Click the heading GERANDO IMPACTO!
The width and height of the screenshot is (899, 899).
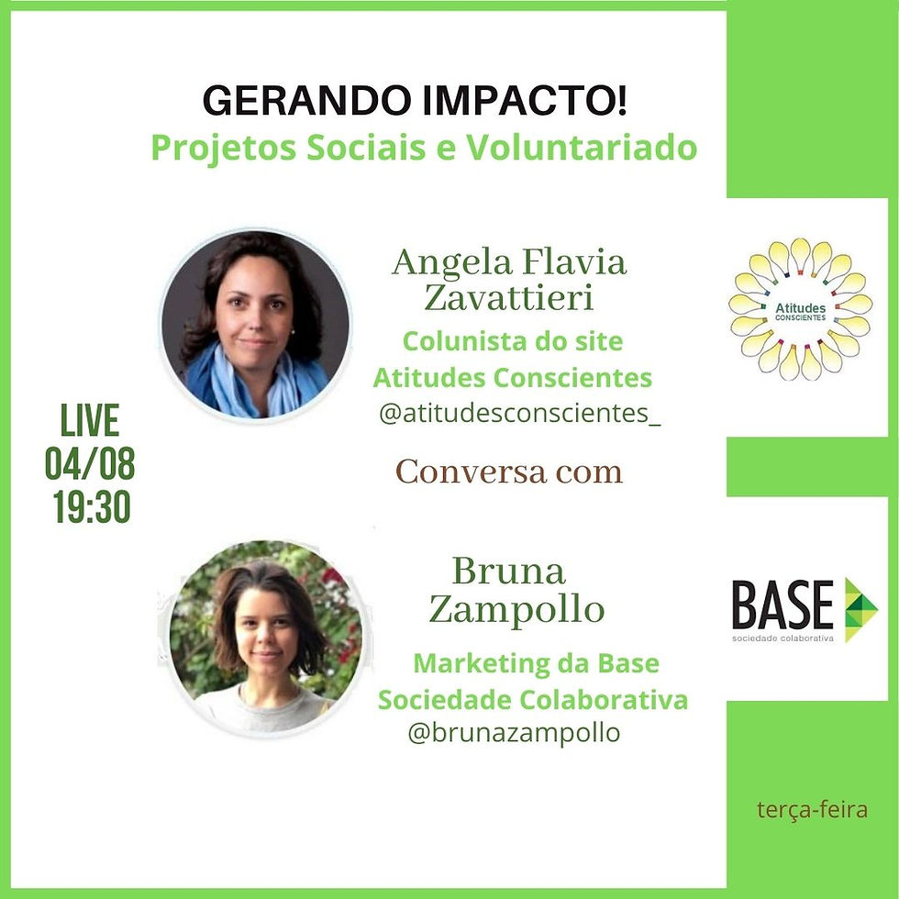416,102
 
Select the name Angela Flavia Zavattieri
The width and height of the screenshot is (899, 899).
509,279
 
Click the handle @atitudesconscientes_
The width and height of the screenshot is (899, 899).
519,414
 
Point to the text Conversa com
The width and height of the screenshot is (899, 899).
508,472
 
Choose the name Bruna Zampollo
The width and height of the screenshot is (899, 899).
516,591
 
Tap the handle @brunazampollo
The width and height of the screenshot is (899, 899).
514,733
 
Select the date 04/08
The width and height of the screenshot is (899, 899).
90,464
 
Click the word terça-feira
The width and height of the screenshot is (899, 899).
813,810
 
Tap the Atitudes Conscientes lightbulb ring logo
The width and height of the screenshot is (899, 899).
800,310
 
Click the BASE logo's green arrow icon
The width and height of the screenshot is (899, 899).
860,608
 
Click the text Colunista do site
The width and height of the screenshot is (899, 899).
513,342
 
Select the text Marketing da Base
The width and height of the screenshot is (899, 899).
536,663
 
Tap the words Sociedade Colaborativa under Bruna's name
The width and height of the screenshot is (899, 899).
533,700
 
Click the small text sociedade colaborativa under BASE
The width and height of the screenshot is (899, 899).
782,638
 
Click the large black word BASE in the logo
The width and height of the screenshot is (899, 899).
782,605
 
